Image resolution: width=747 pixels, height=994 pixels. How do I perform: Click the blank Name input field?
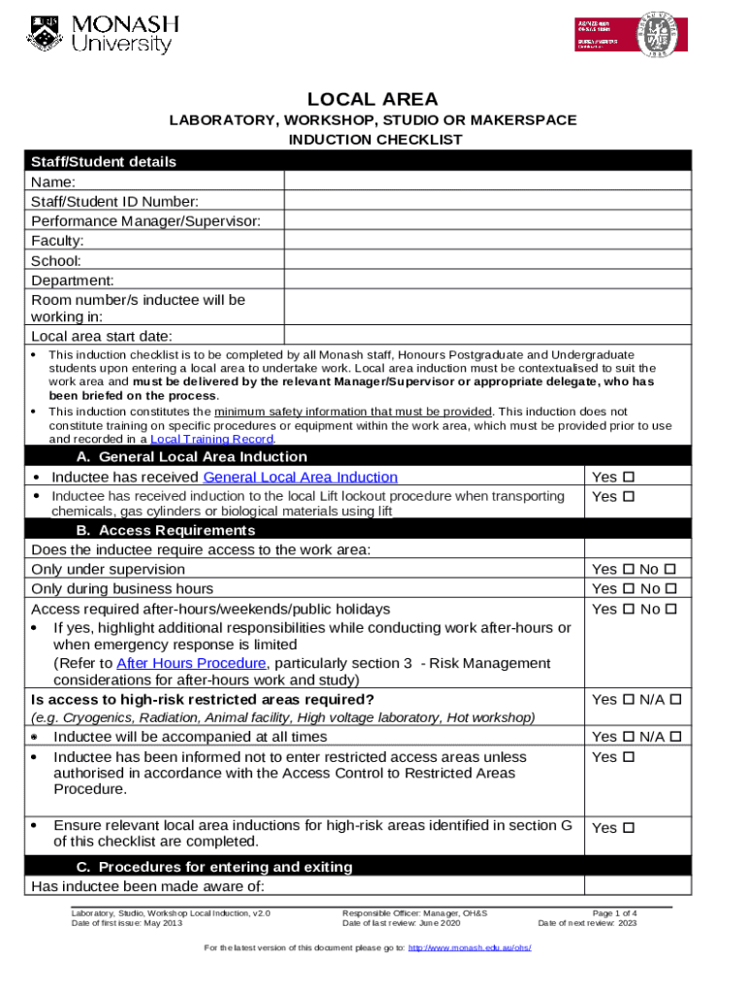[x=487, y=182]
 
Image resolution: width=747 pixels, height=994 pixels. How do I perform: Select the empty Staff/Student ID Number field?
[x=487, y=201]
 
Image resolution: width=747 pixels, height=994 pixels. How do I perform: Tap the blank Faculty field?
[x=487, y=241]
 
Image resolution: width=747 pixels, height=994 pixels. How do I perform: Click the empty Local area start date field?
[x=487, y=337]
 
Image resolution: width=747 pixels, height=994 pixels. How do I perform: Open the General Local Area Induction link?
[x=300, y=477]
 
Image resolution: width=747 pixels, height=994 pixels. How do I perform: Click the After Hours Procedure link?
[x=190, y=663]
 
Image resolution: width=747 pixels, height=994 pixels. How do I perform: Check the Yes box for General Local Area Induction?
[x=628, y=478]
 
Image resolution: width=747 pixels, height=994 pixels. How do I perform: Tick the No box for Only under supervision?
[x=669, y=570]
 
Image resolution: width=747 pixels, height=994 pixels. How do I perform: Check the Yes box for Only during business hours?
[x=628, y=589]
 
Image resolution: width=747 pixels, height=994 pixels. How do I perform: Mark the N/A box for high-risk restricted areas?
[x=676, y=700]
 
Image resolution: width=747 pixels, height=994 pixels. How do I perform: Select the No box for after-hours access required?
[x=669, y=610]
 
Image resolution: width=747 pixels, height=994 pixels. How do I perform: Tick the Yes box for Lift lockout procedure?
[x=628, y=497]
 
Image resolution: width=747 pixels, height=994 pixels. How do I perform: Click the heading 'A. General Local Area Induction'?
[x=191, y=457]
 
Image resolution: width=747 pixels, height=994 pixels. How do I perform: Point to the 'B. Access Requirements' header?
[x=165, y=531]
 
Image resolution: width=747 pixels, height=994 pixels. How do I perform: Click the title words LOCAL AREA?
[x=373, y=99]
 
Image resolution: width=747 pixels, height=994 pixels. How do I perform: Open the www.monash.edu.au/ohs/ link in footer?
[x=470, y=947]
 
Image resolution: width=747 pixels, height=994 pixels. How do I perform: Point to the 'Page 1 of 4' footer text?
[x=614, y=913]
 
